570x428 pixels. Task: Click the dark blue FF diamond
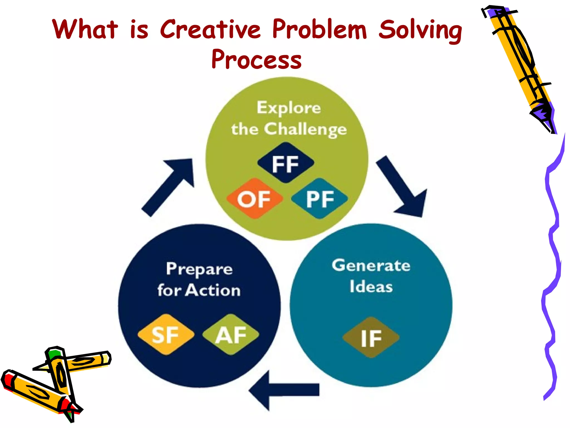coord(286,163)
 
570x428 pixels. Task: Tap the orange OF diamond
coord(254,199)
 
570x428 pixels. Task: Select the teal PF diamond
coord(320,199)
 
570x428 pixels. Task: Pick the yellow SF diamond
coord(166,335)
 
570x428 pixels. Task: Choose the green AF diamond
coord(231,335)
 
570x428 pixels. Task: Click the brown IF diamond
coord(371,337)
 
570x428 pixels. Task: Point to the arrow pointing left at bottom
coord(284,390)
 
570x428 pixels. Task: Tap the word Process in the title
coord(256,59)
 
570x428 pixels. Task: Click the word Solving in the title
coord(420,30)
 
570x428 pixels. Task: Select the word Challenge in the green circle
coord(305,130)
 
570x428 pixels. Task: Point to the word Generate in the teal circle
coord(371,266)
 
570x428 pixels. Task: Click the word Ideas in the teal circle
coord(371,287)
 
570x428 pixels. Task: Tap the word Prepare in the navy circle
coord(199,269)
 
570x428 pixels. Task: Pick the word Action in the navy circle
coord(213,290)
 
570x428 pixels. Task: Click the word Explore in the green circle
coord(289,108)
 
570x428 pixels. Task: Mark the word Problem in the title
coord(319,30)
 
